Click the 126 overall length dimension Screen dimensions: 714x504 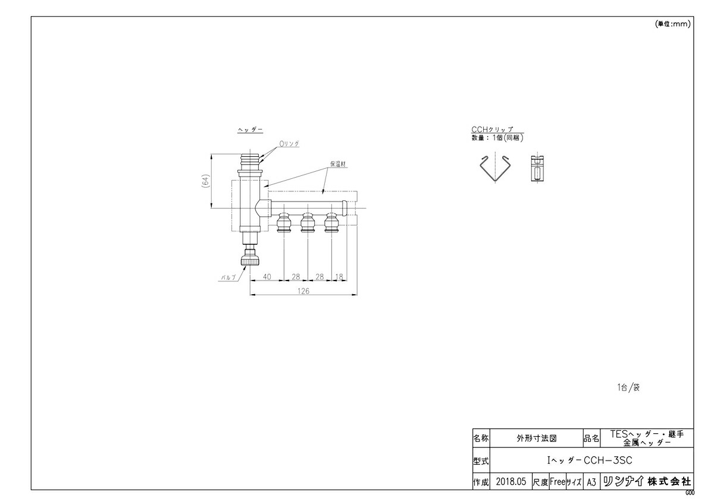click(303, 291)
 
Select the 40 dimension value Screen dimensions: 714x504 click(267, 277)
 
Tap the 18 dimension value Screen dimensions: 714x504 click(339, 277)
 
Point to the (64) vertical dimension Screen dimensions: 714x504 click(206, 181)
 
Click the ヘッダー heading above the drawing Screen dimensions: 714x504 click(250, 130)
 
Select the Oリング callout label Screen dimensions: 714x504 click(289, 144)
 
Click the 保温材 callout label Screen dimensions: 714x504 click(338, 164)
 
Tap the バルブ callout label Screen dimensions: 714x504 click(229, 278)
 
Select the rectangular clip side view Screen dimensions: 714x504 click(537, 168)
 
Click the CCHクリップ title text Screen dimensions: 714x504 click(492, 129)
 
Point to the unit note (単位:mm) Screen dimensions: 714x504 click(672, 24)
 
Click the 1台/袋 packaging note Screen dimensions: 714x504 click(628, 388)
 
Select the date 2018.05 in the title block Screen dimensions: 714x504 click(511, 481)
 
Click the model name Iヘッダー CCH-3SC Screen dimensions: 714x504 click(590, 461)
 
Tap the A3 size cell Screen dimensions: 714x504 click(591, 483)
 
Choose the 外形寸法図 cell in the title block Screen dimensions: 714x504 click(537, 439)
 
